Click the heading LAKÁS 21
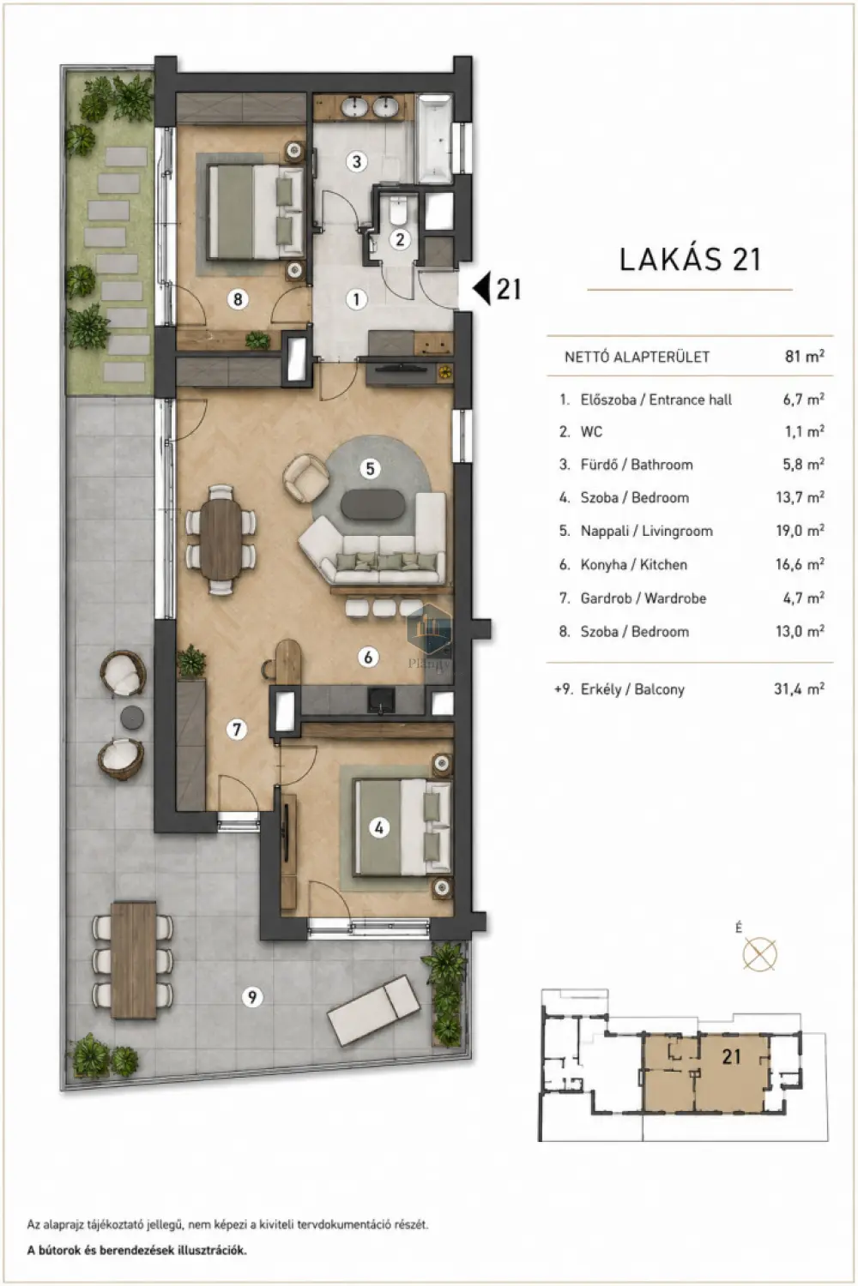[690, 260]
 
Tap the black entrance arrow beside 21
[481, 288]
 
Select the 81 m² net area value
[805, 356]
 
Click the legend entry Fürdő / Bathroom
[636, 465]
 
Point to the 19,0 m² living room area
[800, 531]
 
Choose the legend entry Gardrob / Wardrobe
[643, 598]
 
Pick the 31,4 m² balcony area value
[799, 688]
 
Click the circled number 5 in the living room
[370, 468]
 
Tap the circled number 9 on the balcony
[251, 996]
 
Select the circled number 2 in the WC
[401, 239]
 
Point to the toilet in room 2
[397, 211]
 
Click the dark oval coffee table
[373, 505]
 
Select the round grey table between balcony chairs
[132, 717]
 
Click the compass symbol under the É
[759, 953]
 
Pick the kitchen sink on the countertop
[380, 700]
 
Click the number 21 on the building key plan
[731, 1055]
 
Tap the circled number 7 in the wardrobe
[237, 730]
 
